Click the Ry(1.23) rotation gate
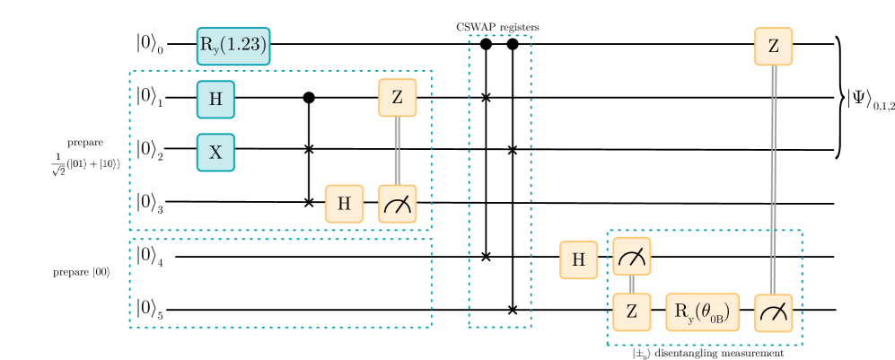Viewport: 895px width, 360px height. coord(233,46)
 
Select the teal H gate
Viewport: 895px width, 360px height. coord(215,100)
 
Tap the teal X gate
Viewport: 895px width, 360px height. coord(215,153)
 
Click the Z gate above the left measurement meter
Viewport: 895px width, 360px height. coord(398,98)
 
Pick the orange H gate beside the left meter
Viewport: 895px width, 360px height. coord(344,204)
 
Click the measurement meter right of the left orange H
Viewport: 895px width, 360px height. coord(398,204)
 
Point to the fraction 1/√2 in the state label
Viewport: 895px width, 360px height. coord(58,164)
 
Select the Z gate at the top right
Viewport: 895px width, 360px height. coord(773,46)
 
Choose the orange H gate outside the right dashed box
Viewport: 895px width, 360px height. coord(578,259)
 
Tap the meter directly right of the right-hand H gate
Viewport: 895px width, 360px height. coord(632,257)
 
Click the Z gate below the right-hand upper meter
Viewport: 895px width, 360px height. coord(632,312)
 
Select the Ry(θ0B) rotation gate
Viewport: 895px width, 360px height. coord(702,312)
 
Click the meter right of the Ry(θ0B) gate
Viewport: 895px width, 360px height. coord(773,312)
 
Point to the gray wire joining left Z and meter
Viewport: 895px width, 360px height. coord(397,151)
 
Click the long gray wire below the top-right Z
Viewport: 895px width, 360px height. coord(773,180)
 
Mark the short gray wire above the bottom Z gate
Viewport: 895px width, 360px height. coord(632,284)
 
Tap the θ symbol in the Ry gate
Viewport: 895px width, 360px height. coord(705,312)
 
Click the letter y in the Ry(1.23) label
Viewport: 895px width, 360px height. coord(213,49)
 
